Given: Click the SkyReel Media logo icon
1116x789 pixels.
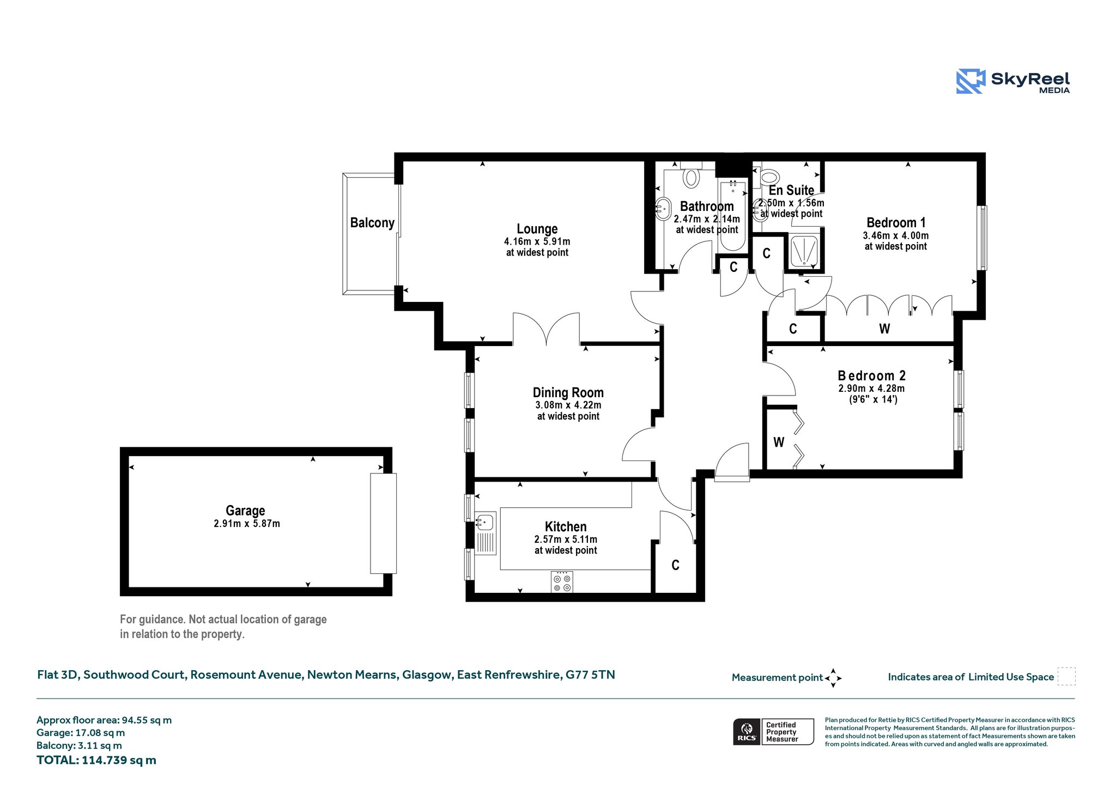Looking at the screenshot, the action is click(x=971, y=81).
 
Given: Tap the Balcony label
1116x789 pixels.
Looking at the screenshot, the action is click(x=372, y=223).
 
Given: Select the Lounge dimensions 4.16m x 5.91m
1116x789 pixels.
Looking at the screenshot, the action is click(x=537, y=241).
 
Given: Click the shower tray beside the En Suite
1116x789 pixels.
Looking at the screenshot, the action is click(x=804, y=252).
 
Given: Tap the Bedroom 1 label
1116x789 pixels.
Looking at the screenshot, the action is click(x=896, y=223).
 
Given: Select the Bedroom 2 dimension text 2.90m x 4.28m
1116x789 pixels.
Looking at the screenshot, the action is click(x=871, y=389).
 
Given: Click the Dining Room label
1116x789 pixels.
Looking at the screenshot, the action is click(x=568, y=393).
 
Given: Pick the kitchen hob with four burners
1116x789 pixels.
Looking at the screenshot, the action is click(x=562, y=581).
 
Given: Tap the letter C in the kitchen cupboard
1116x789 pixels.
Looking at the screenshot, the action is click(x=676, y=565).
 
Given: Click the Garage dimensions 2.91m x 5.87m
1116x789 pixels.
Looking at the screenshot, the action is click(x=247, y=524).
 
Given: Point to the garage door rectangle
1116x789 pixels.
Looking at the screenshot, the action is click(x=383, y=524).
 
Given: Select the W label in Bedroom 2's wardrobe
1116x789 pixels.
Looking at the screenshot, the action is click(x=779, y=442).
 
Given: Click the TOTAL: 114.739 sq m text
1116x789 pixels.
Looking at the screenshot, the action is click(x=96, y=760).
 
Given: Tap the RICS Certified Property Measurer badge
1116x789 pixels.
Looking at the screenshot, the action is click(x=773, y=732).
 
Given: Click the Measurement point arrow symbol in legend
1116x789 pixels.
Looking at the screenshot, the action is click(x=833, y=678).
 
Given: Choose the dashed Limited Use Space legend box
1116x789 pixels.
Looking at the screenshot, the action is click(x=1066, y=676).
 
